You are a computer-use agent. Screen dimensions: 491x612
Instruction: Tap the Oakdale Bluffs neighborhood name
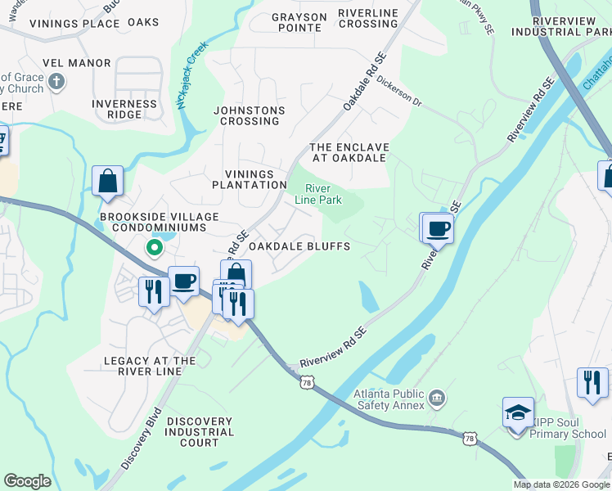pos(299,246)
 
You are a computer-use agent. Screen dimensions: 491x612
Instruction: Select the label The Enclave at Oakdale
pos(349,153)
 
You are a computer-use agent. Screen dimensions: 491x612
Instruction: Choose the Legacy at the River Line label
pos(151,366)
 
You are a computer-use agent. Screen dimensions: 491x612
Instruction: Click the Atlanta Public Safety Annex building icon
pos(437,399)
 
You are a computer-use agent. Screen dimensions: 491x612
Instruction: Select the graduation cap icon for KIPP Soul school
pos(518,412)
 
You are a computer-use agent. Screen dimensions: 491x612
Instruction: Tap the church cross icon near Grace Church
pos(56,82)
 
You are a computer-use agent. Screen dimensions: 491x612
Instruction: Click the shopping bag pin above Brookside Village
pos(108,181)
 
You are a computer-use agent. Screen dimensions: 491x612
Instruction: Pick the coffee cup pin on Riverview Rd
pos(438,228)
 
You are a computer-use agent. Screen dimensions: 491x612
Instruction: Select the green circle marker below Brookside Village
pos(152,246)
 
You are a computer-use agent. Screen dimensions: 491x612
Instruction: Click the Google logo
pos(27,481)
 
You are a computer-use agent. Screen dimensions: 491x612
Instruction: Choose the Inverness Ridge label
pos(124,109)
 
